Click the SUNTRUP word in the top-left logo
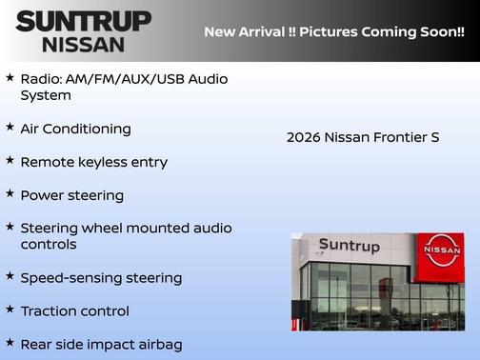pos(83,21)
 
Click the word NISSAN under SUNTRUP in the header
pos(83,44)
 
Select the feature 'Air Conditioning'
pos(75,129)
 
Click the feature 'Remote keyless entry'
pos(93,162)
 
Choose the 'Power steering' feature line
pos(71,195)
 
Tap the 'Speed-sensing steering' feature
pos(100,278)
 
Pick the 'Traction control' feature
pos(74,311)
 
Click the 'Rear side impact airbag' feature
pos(100,345)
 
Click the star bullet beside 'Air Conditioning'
pos(10,127)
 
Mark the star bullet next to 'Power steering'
pos(10,193)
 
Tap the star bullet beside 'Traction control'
pos(10,310)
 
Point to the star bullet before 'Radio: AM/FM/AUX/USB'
pos(10,75)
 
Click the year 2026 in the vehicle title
pos(303,137)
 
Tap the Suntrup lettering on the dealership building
pos(349,246)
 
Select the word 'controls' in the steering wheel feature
pos(50,245)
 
